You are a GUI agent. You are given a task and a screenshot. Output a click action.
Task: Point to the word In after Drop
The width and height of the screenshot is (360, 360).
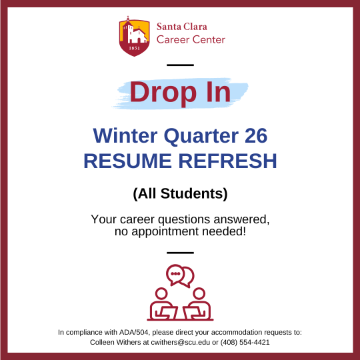[219, 92]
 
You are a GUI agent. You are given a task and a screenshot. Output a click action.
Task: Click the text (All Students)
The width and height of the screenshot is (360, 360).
[180, 193]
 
